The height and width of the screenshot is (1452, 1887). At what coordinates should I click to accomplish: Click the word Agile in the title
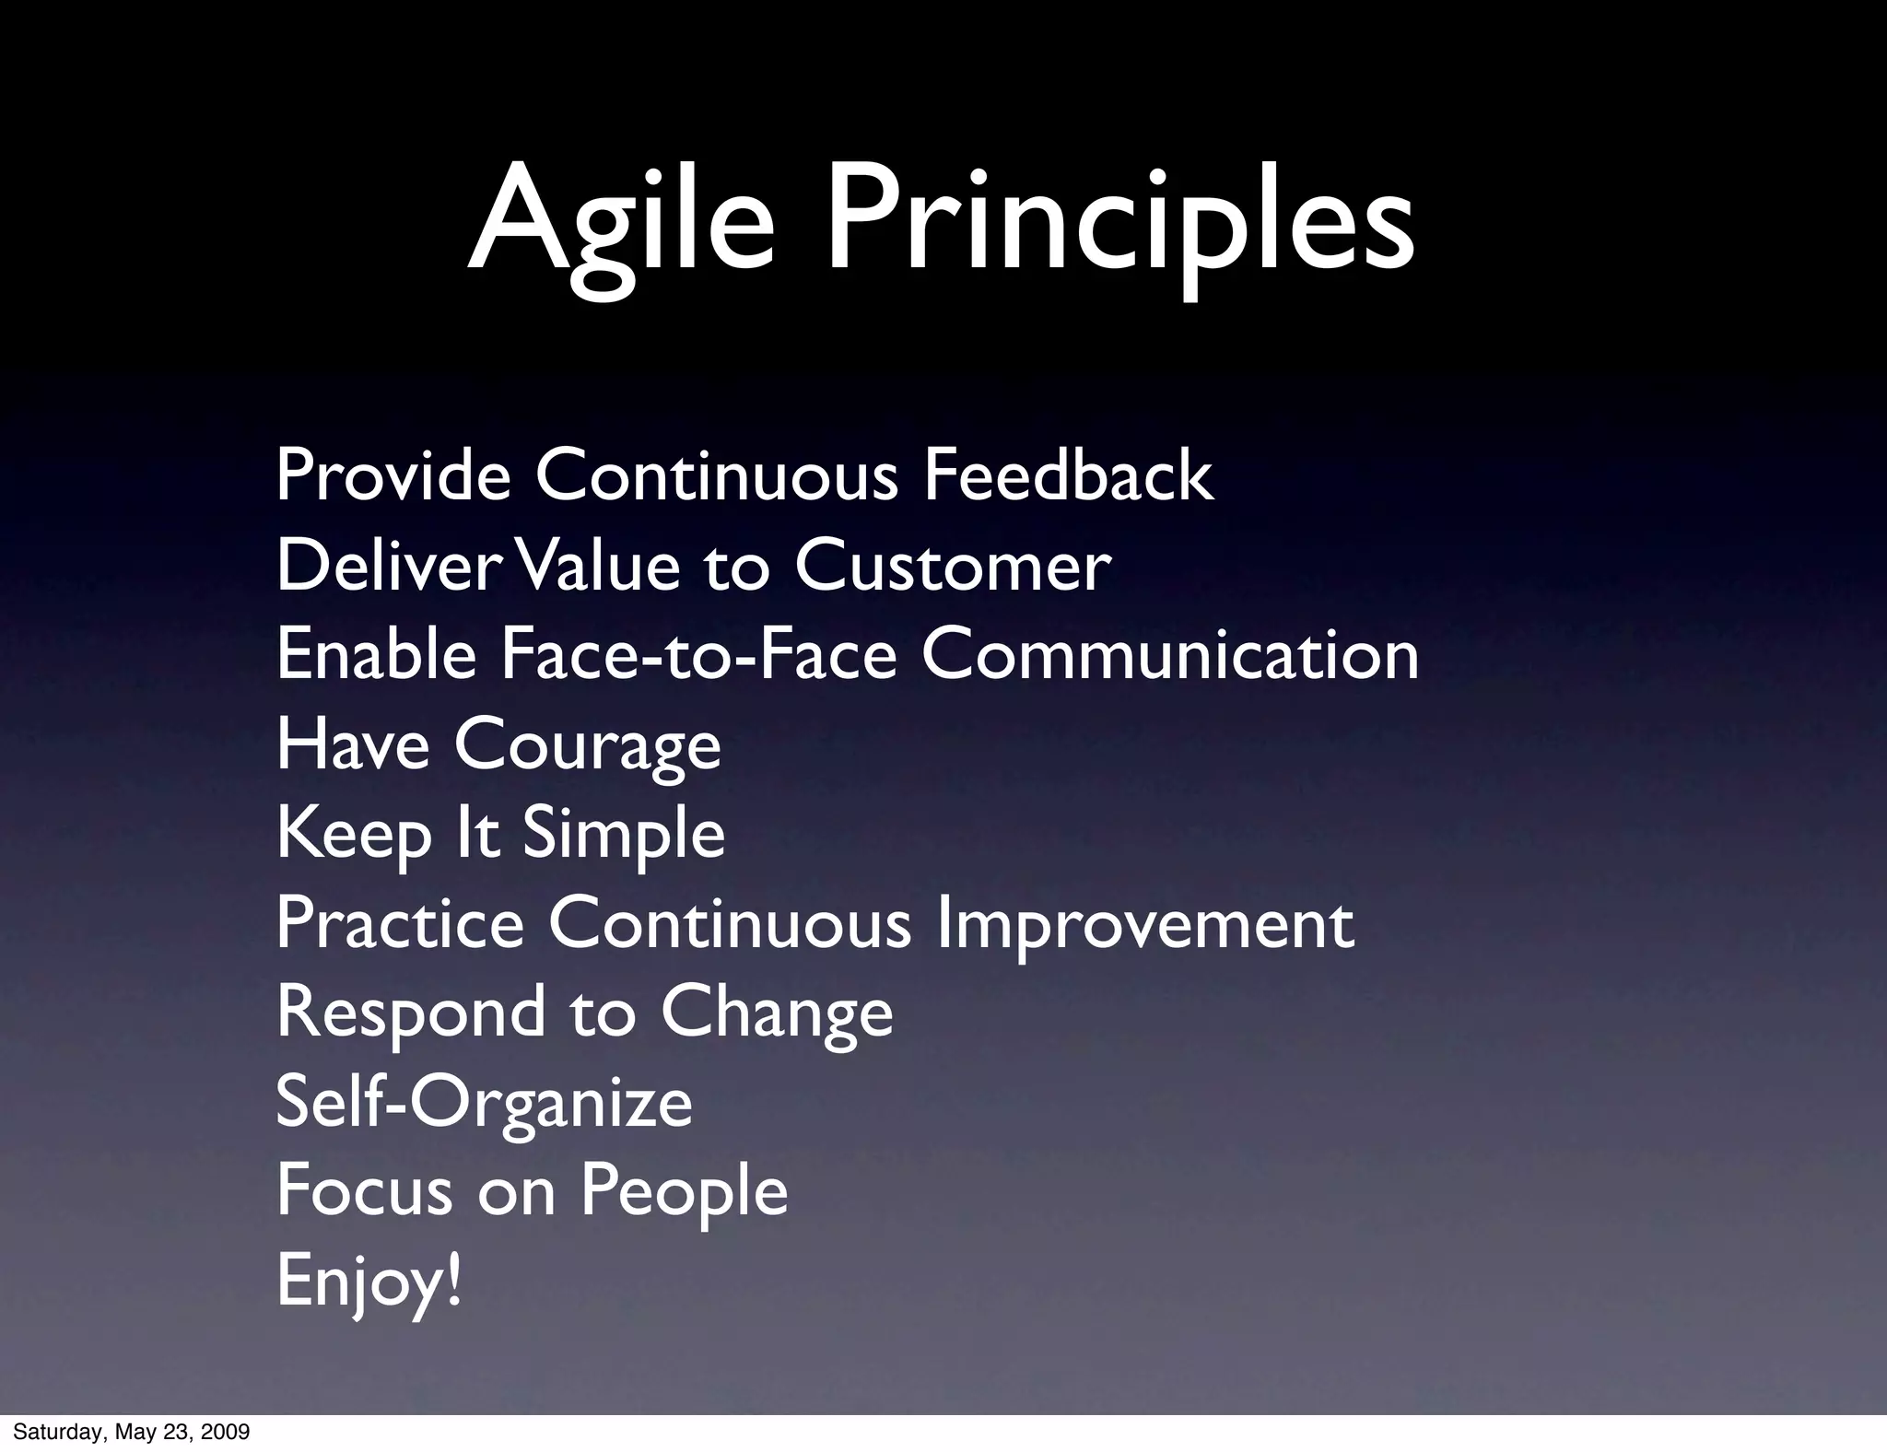(621, 221)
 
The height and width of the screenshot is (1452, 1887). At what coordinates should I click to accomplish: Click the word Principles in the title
(1119, 221)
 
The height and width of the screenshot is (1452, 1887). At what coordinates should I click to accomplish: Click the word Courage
(587, 745)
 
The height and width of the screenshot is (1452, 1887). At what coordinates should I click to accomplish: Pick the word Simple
(624, 835)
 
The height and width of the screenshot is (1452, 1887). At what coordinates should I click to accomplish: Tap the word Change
(776, 1013)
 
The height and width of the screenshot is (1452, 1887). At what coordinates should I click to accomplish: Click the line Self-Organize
(484, 1103)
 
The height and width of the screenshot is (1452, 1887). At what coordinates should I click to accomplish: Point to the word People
(684, 1190)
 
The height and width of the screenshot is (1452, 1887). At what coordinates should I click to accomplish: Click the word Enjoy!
(369, 1282)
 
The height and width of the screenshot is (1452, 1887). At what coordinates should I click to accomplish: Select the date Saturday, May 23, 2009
(132, 1433)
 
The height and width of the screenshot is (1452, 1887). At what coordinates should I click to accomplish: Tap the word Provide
(393, 476)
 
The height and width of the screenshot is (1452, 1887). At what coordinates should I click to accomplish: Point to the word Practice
(399, 923)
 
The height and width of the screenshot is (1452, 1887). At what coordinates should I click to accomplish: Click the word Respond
(410, 1013)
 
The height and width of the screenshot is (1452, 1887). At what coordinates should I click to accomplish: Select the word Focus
(364, 1190)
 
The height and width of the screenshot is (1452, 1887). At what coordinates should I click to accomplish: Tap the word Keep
(353, 835)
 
